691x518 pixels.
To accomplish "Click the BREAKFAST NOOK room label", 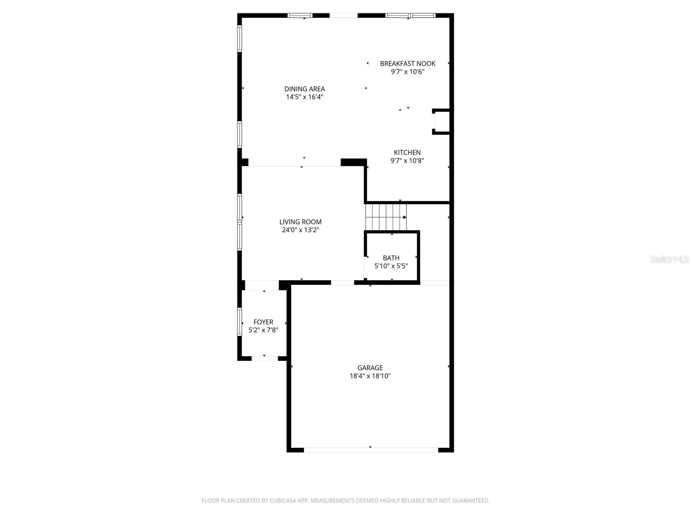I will pyautogui.click(x=407, y=63).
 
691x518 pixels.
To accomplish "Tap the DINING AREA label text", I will pyautogui.click(x=304, y=89).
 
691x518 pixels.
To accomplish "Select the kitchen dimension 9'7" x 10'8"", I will pyautogui.click(x=407, y=161).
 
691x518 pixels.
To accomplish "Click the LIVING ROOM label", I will pyautogui.click(x=300, y=222).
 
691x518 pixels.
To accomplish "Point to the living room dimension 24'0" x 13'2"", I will pyautogui.click(x=300, y=230).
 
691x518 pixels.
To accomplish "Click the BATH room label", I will pyautogui.click(x=391, y=258).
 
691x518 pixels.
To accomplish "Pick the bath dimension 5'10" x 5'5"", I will pyautogui.click(x=391, y=266).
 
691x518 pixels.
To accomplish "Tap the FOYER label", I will pyautogui.click(x=263, y=322).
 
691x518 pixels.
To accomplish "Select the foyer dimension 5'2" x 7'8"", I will pyautogui.click(x=263, y=330).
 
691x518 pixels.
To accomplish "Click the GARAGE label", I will pyautogui.click(x=370, y=368).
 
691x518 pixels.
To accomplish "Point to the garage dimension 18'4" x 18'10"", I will pyautogui.click(x=370, y=376).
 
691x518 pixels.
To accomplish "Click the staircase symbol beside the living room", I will pyautogui.click(x=386, y=217).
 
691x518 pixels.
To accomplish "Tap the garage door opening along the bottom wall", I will pyautogui.click(x=371, y=450).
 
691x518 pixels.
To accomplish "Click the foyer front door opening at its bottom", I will pyautogui.click(x=264, y=358).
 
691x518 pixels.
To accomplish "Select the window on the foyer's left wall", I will pyautogui.click(x=240, y=322).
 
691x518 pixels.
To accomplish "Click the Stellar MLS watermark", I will pyautogui.click(x=669, y=259).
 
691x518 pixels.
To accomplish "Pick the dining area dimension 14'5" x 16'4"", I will pyautogui.click(x=304, y=97).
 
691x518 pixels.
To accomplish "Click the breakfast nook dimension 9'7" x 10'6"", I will pyautogui.click(x=407, y=72).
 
